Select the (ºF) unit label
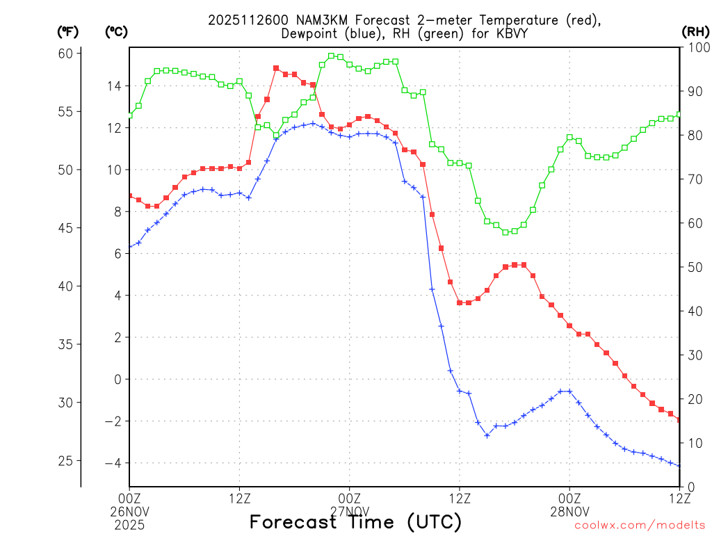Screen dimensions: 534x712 [67, 32]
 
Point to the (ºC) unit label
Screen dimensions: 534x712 [116, 32]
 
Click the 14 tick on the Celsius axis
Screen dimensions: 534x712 [113, 86]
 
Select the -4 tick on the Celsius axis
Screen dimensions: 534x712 [111, 463]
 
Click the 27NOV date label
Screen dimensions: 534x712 [349, 510]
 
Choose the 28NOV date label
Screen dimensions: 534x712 [569, 510]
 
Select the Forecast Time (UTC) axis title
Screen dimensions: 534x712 [355, 521]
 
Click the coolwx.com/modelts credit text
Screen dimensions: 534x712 [640, 526]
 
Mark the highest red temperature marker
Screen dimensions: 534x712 [276, 68]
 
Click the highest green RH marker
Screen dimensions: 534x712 [331, 56]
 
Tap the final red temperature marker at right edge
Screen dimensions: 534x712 [679, 419]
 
